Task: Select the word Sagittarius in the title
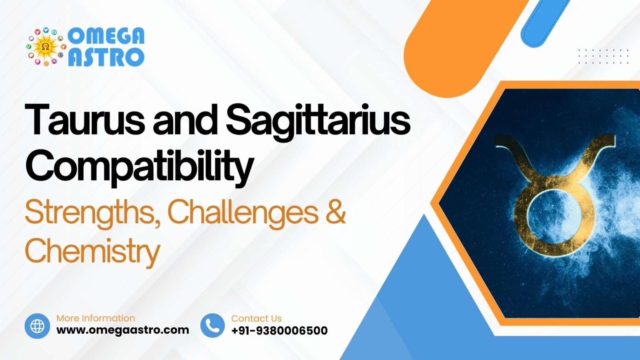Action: coord(318,121)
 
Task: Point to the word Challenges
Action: coord(242,212)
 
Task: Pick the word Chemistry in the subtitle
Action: coord(92,251)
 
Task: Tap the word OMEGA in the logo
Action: coord(106,36)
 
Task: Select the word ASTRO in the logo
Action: coord(106,57)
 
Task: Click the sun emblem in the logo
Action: coord(46,47)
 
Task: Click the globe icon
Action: coord(37,326)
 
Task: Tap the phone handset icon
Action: coord(212,326)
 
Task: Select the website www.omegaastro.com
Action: coord(122,330)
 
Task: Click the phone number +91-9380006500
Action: coord(279,331)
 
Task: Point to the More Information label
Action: coord(95,318)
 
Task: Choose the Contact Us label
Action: coord(256,318)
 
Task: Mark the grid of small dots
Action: coord(603,56)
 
